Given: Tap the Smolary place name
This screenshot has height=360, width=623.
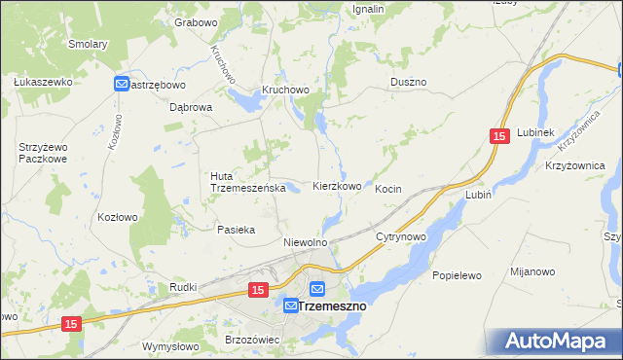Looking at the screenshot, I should click(x=88, y=44).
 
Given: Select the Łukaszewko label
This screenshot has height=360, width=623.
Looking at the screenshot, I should click(x=44, y=82).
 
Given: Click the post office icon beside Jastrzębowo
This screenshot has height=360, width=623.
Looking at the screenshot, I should click(x=122, y=85).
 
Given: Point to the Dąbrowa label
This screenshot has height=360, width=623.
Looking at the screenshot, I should click(x=191, y=108).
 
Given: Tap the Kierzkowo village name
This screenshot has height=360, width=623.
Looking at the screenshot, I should click(x=337, y=186).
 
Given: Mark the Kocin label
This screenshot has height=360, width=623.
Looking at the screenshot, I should click(x=388, y=189).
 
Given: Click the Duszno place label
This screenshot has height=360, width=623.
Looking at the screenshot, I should click(x=409, y=83).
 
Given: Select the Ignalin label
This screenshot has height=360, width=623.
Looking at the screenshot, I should click(x=369, y=9).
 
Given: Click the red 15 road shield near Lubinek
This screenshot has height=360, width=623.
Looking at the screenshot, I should click(x=498, y=139).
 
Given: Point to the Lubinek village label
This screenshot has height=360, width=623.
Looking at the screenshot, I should click(x=535, y=132).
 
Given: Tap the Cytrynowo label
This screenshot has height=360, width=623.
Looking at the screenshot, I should click(x=401, y=236).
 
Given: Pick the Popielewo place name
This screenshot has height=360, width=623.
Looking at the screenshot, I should click(x=457, y=275).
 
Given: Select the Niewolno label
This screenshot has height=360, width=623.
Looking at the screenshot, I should click(x=304, y=241).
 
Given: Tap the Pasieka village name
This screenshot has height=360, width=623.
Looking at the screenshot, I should click(x=236, y=230).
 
